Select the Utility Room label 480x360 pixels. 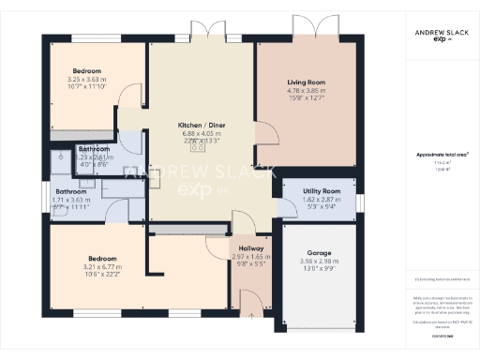321,190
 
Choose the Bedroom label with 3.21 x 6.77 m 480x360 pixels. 102,258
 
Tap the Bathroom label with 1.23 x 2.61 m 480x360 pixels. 94,149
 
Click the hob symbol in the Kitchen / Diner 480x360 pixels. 199,145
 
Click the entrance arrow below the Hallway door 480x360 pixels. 250,316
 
